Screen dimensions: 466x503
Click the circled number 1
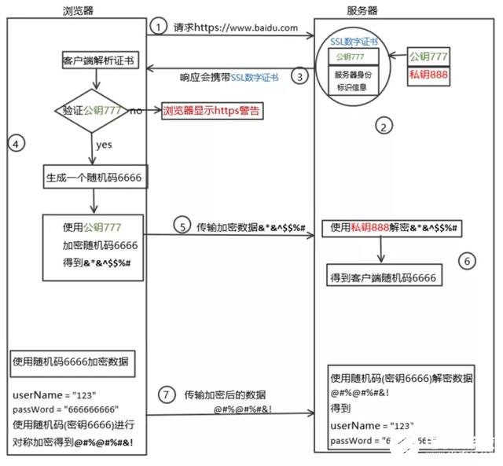pyautogui.click(x=159, y=28)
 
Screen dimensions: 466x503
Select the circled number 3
pyautogui.click(x=298, y=77)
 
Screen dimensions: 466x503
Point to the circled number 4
pyautogui.click(x=17, y=143)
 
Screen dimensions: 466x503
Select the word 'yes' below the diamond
pyautogui.click(x=103, y=145)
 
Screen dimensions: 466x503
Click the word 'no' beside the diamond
pyautogui.click(x=136, y=112)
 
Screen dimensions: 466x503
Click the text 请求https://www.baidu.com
pyautogui.click(x=236, y=28)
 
